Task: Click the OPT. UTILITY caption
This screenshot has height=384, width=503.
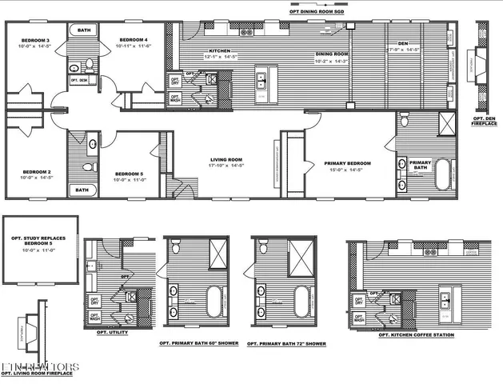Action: click(112, 332)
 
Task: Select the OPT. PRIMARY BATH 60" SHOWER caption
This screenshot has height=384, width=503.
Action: click(196, 344)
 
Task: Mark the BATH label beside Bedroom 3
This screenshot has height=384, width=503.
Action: click(84, 30)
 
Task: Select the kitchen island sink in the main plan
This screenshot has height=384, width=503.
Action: click(261, 78)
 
